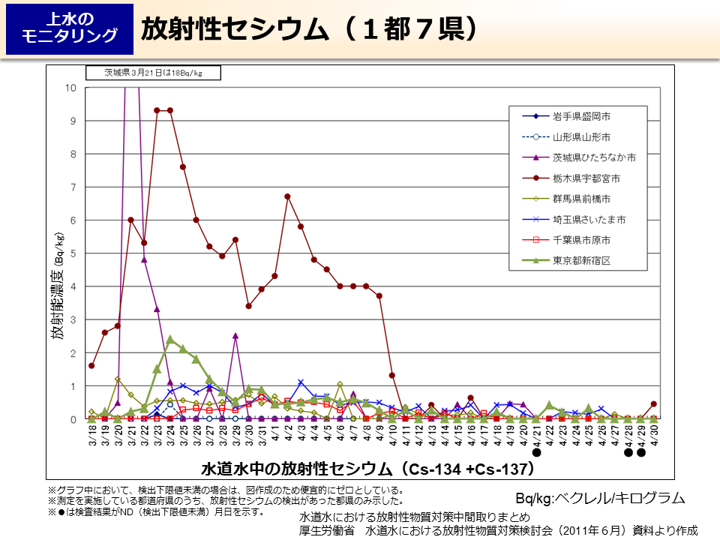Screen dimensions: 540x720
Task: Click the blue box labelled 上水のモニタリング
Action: (x=70, y=28)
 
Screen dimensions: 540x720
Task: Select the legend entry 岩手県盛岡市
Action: (x=581, y=116)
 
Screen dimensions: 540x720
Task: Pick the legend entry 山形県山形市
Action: (x=581, y=137)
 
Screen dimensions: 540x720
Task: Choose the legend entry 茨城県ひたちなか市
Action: (x=594, y=157)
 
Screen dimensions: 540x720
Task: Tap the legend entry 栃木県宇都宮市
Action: (x=586, y=178)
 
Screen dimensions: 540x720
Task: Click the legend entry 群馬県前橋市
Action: (x=581, y=199)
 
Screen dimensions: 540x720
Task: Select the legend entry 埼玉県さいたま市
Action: (x=589, y=220)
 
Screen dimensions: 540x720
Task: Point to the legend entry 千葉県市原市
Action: (x=581, y=240)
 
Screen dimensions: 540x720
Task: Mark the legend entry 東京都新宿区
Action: (x=581, y=261)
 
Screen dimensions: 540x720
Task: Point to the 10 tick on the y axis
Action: (x=71, y=88)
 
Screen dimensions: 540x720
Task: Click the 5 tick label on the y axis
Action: (x=73, y=253)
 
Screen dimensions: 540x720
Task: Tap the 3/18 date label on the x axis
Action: (x=91, y=435)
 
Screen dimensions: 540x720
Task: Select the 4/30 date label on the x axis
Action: (x=653, y=435)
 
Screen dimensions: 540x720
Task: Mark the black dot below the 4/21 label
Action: (x=536, y=452)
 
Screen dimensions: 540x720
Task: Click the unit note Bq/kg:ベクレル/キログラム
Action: (x=600, y=498)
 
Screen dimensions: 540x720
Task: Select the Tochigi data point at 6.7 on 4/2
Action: (x=287, y=196)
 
